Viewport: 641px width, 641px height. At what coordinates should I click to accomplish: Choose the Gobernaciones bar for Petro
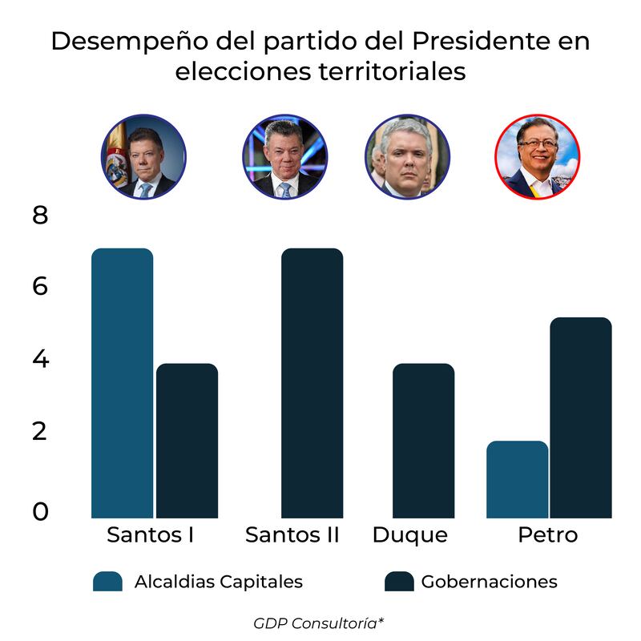click(x=581, y=417)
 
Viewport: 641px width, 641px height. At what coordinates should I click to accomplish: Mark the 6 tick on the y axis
click(x=40, y=286)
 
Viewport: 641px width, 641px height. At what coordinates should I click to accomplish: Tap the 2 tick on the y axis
click(x=40, y=432)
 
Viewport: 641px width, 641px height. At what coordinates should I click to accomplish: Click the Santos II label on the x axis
click(x=292, y=535)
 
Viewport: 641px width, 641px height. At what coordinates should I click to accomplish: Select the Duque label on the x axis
click(x=410, y=535)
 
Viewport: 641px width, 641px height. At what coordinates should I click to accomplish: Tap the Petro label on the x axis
click(x=547, y=535)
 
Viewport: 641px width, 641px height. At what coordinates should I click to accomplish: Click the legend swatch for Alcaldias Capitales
click(x=107, y=582)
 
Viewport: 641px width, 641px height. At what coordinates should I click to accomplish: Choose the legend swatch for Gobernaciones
click(x=399, y=582)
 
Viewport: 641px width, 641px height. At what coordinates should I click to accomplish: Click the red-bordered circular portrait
click(x=537, y=156)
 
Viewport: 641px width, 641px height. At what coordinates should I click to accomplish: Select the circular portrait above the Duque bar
click(x=407, y=156)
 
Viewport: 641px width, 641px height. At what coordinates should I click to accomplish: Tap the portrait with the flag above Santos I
click(x=143, y=156)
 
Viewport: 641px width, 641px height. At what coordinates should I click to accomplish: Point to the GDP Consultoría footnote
click(x=320, y=623)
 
